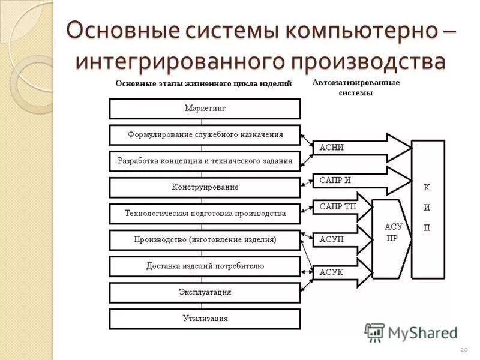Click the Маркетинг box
(x=205, y=109)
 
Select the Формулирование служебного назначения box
(x=205, y=135)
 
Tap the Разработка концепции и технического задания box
(x=205, y=161)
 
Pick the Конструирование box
(x=205, y=187)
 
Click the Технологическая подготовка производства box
(x=205, y=214)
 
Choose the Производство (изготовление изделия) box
(x=205, y=239)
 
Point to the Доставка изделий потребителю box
(x=205, y=266)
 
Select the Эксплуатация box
(x=205, y=292)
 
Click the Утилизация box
(x=205, y=319)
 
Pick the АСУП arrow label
(x=331, y=239)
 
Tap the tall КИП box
(x=427, y=209)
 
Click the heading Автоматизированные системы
(x=356, y=88)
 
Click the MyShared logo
(x=411, y=332)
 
